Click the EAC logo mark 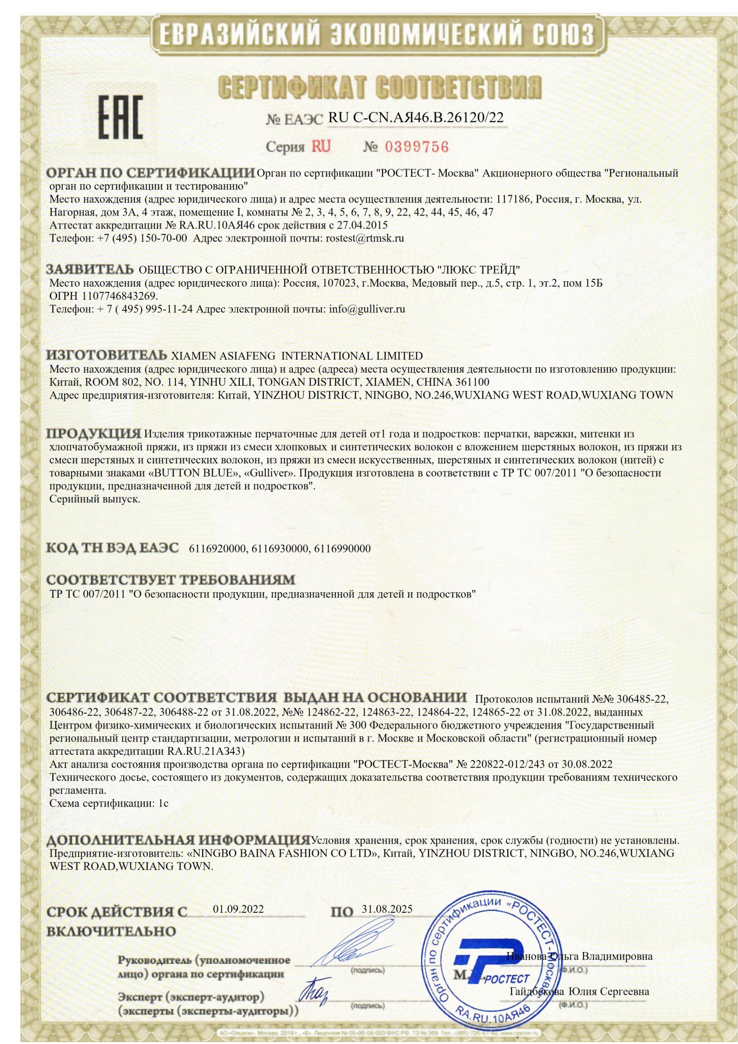(121, 117)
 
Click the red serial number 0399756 (417, 147)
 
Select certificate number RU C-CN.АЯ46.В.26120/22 (416, 118)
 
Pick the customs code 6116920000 (217, 549)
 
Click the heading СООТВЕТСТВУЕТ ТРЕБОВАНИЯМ (171, 580)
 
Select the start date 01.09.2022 (238, 909)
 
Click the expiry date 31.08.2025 (388, 909)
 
